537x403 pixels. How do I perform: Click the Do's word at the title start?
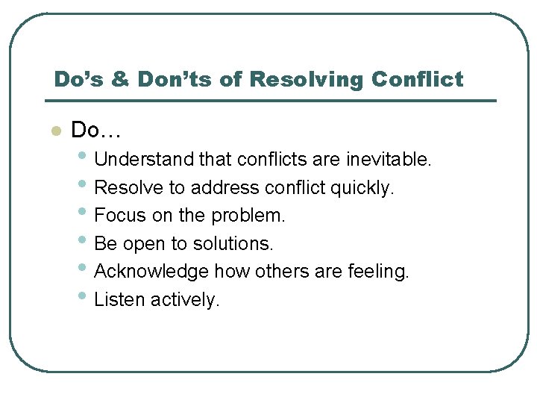click(78, 79)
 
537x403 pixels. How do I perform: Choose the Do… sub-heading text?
click(95, 131)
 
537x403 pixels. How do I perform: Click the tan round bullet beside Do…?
click(54, 131)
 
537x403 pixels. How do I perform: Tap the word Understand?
click(145, 160)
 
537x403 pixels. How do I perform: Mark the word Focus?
click(120, 216)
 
